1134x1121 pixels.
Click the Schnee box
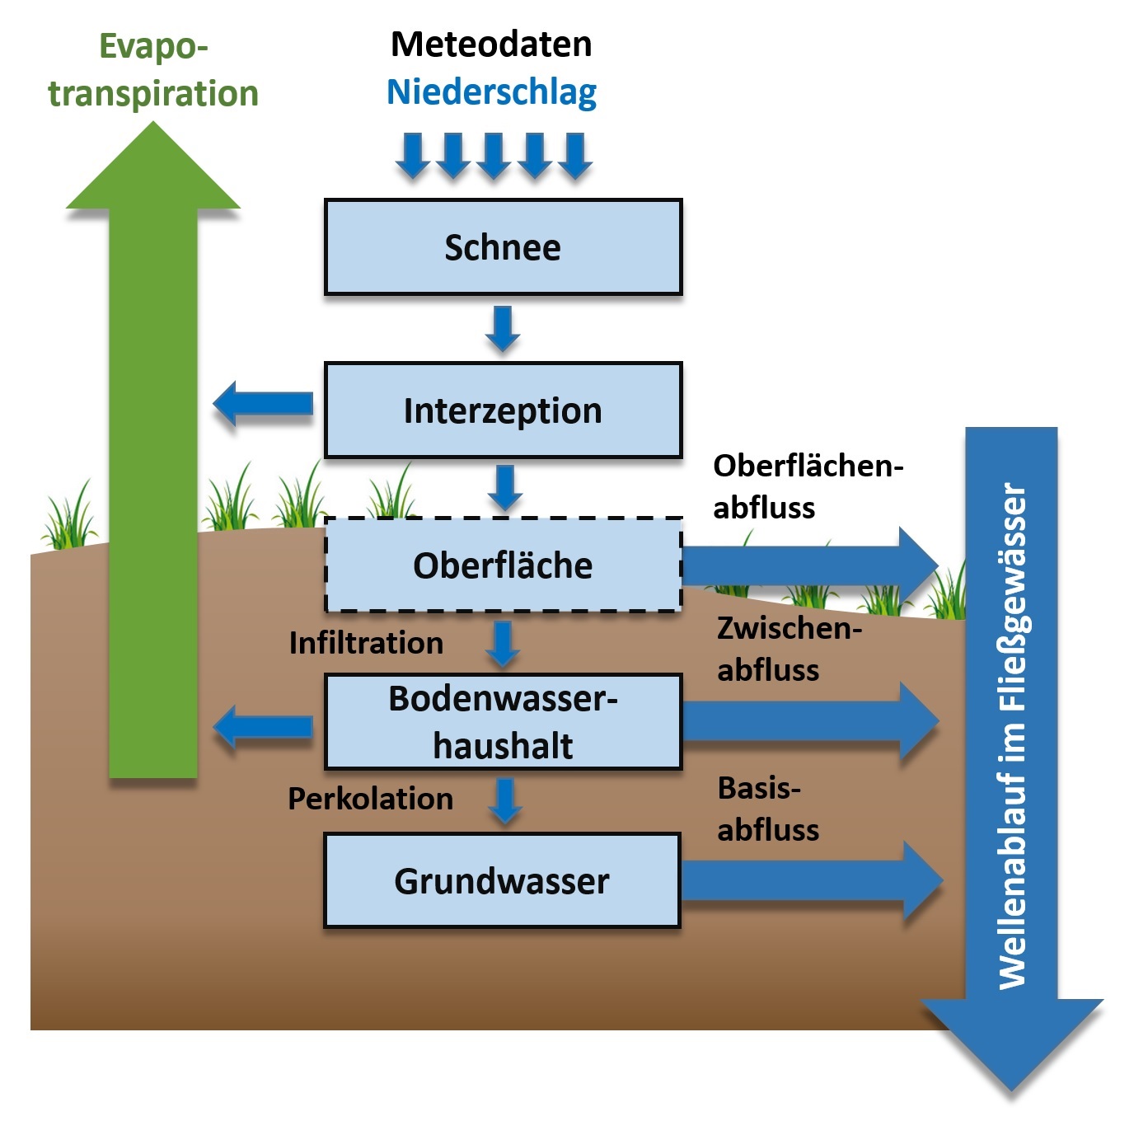point(503,247)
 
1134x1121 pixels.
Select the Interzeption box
point(503,410)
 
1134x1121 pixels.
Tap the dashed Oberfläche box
point(503,565)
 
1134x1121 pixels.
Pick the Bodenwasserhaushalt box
point(503,722)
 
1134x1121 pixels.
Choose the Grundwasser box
point(502,881)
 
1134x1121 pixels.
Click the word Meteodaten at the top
point(491,45)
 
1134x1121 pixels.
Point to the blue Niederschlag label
point(491,92)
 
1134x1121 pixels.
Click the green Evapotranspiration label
point(153,70)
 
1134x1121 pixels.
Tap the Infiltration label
point(366,643)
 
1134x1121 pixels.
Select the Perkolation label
point(370,799)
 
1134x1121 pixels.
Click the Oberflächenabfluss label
point(808,486)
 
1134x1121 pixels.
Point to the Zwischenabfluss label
point(789,649)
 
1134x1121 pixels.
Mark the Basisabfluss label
point(768,809)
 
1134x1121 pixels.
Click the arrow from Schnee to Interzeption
point(503,328)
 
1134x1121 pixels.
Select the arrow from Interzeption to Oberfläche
point(504,487)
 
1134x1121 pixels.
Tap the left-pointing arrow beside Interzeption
point(263,404)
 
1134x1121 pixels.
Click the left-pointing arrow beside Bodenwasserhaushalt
point(263,727)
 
